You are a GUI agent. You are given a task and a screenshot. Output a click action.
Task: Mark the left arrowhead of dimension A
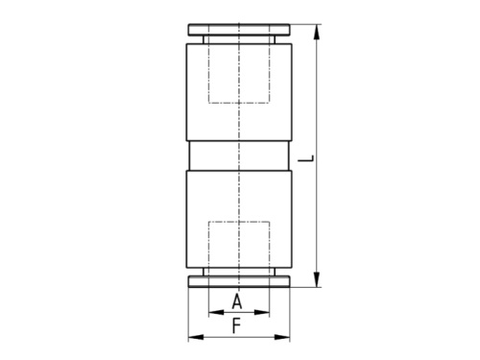coord(212,313)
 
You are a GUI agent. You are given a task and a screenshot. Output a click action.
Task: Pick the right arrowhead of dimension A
coord(266,313)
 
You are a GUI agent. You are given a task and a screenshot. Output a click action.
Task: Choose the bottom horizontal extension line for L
coord(302,286)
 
